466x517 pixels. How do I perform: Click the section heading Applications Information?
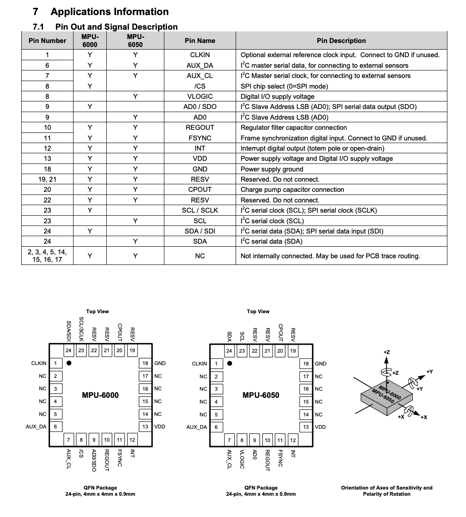[x=109, y=12]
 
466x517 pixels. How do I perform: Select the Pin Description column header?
[x=341, y=41]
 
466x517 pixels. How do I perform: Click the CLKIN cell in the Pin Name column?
[x=200, y=55]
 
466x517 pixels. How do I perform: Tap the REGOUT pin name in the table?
[x=200, y=128]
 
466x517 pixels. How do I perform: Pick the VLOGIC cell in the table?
[x=200, y=97]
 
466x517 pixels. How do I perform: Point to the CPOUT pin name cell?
[x=200, y=190]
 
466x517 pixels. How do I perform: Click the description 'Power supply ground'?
[x=272, y=169]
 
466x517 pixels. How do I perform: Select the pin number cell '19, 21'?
[x=47, y=179]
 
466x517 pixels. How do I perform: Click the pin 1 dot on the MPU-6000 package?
[x=69, y=364]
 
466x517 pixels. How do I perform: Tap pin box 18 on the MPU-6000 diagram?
[x=145, y=363]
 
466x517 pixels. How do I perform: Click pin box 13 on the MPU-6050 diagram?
[x=306, y=427]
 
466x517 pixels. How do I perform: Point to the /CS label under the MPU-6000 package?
[x=81, y=454]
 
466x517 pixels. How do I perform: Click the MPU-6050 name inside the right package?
[x=261, y=395]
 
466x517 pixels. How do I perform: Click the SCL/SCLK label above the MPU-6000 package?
[x=81, y=328]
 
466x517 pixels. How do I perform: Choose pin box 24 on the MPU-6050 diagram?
[x=229, y=351]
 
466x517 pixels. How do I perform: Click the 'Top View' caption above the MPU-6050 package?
[x=258, y=311]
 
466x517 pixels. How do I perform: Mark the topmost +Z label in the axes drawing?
[x=386, y=352]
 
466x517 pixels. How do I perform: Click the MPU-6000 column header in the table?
[x=89, y=41]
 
